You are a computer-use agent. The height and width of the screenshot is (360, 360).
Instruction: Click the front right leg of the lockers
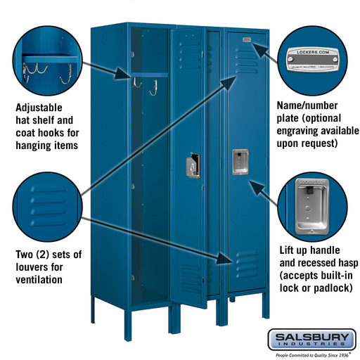pos(265,306)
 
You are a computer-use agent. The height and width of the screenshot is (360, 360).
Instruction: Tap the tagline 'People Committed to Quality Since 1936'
pos(309,355)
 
